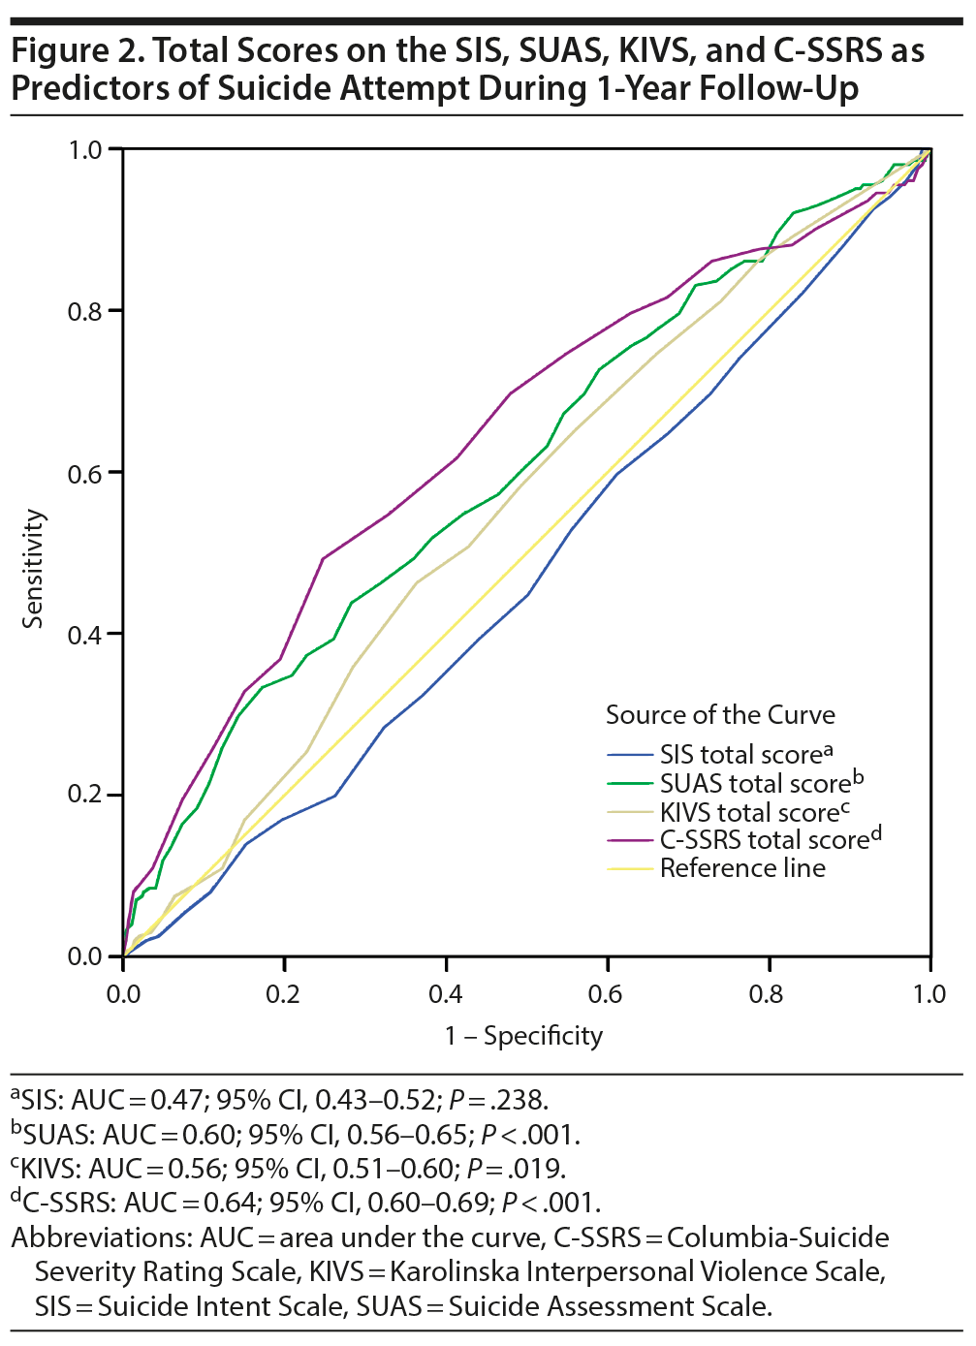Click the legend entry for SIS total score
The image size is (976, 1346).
[x=741, y=755]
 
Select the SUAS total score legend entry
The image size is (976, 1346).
[x=755, y=783]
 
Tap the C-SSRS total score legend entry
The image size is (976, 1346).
[x=765, y=840]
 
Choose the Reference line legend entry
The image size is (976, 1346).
[x=742, y=868]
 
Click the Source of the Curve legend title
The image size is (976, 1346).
[x=720, y=715]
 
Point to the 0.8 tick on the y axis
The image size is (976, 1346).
[x=85, y=311]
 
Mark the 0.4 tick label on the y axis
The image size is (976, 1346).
[x=85, y=635]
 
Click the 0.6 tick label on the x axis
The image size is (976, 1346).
[x=607, y=994]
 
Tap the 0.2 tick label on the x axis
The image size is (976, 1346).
[x=284, y=994]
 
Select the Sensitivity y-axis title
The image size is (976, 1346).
[x=34, y=569]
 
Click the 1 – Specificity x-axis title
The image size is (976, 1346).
[x=523, y=1036]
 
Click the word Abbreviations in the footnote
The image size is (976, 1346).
[x=101, y=1238]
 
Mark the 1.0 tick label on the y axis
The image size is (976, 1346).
[x=85, y=150]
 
